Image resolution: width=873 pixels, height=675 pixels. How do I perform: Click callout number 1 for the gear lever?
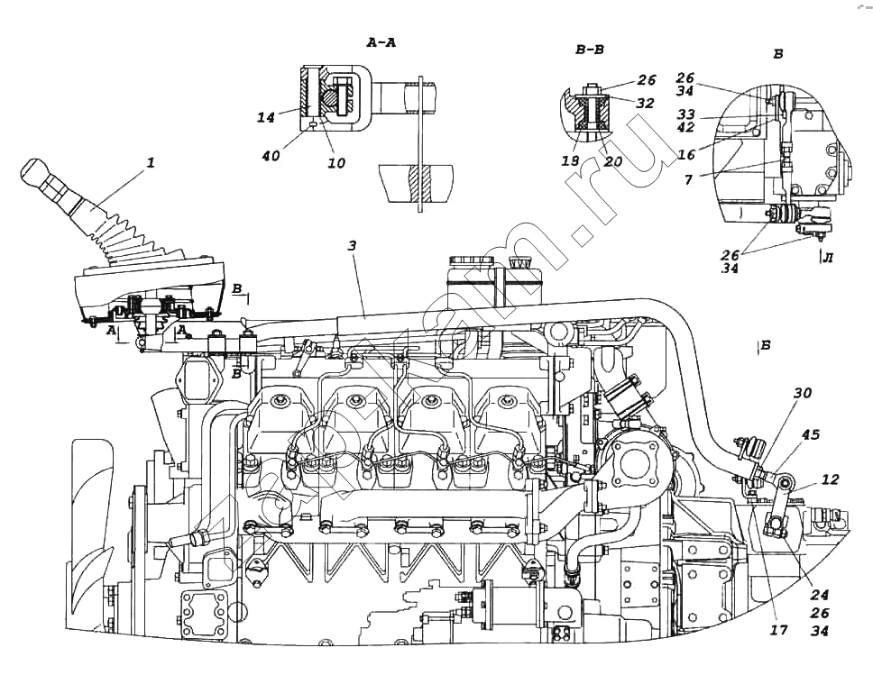[x=151, y=163]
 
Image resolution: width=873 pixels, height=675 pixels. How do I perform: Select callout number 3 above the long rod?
[x=353, y=245]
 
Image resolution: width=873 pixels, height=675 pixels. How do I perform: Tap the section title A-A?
[x=381, y=42]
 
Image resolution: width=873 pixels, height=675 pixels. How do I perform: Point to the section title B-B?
[x=592, y=50]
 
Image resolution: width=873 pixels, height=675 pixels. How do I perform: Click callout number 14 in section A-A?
[x=265, y=116]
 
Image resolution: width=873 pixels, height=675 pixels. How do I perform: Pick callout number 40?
[x=270, y=156]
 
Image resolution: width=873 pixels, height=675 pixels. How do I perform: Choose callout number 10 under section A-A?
[x=335, y=163]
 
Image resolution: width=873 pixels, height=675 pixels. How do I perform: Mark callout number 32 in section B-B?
[x=645, y=104]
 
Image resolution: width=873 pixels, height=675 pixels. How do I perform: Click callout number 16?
[x=687, y=155]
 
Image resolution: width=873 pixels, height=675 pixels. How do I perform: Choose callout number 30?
[x=802, y=393]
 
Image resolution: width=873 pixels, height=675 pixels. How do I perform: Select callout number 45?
[x=811, y=434]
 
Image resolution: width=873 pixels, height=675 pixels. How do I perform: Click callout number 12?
[x=831, y=480]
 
